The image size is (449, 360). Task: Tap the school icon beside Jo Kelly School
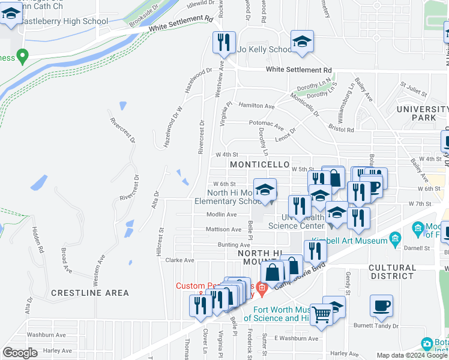(302, 42)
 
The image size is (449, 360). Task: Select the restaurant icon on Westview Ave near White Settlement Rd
(221, 43)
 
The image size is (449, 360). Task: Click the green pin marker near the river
(23, 57)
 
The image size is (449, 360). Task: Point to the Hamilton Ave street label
(256, 106)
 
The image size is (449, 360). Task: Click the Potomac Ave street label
(266, 125)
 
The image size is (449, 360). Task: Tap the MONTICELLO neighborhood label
(261, 164)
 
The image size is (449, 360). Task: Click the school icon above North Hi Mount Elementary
(264, 190)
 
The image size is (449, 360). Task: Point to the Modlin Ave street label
(221, 214)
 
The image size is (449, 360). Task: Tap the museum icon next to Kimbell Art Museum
(395, 240)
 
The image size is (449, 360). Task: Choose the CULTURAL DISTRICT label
(400, 272)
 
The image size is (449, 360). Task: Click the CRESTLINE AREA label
(89, 293)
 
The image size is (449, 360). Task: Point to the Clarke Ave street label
(179, 260)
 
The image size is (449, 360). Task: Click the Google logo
(20, 352)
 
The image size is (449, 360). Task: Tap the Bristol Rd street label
(341, 128)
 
